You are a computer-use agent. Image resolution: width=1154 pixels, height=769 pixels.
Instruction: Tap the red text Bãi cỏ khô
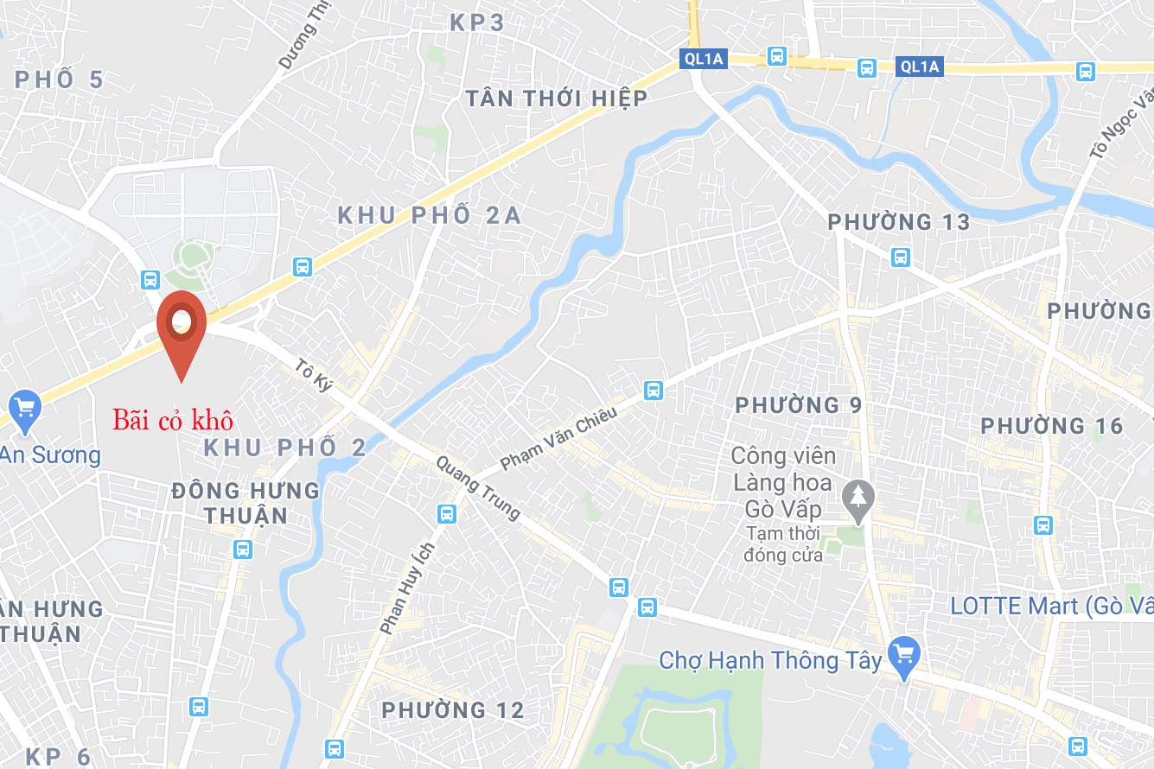[x=173, y=421]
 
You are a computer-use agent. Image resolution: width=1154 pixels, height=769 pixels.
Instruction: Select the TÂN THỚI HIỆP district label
[x=556, y=99]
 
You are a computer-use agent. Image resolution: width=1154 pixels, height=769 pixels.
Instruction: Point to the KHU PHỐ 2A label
[x=430, y=215]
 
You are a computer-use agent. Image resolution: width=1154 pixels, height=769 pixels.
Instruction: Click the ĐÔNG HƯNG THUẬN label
[x=245, y=503]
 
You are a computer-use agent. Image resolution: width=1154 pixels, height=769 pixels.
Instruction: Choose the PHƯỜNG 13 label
[x=899, y=222]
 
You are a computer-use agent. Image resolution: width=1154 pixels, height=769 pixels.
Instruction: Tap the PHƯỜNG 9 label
[x=798, y=404]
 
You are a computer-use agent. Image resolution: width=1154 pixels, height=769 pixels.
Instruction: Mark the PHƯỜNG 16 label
[x=1052, y=426]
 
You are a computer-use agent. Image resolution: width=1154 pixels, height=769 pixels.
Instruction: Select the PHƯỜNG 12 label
[x=453, y=710]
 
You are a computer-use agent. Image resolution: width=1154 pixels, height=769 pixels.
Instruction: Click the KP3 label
[x=476, y=22]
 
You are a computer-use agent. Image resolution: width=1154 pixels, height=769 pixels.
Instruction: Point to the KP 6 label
[x=58, y=757]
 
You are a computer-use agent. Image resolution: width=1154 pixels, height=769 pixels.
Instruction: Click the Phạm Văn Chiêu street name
[x=558, y=438]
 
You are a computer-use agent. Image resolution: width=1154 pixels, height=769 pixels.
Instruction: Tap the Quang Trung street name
[x=478, y=488]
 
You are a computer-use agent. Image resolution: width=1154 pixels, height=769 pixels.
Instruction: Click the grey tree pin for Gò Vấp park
[x=858, y=499]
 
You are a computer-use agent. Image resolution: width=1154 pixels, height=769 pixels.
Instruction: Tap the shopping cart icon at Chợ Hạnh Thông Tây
[x=904, y=654]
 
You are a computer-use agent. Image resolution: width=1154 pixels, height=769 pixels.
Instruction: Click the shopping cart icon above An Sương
[x=23, y=408]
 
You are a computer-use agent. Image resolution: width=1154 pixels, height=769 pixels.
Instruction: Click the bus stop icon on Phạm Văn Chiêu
[x=654, y=390]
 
